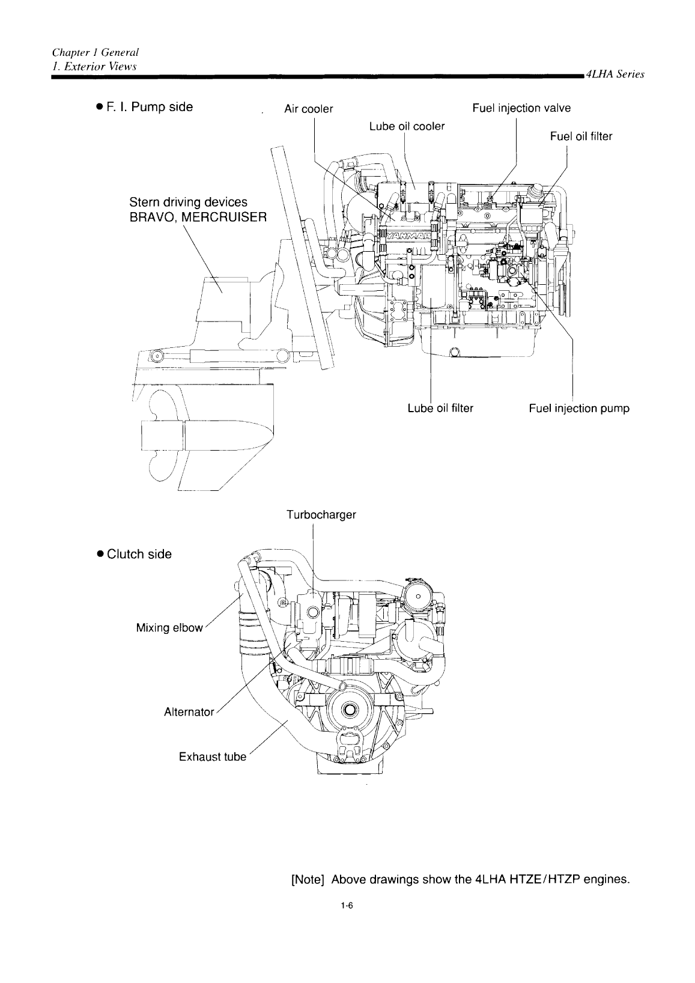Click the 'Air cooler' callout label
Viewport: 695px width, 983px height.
tap(308, 109)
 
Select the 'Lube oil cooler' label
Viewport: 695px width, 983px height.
tap(407, 126)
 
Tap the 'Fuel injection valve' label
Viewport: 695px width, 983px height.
tap(521, 108)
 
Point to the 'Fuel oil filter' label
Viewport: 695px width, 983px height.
tap(581, 136)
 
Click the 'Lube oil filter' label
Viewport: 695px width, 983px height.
tap(440, 409)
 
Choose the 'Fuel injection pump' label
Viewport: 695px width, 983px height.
tap(579, 409)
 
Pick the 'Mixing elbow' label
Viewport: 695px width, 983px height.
tap(169, 628)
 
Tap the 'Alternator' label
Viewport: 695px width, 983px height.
tap(189, 712)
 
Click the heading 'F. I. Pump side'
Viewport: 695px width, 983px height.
tap(149, 107)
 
